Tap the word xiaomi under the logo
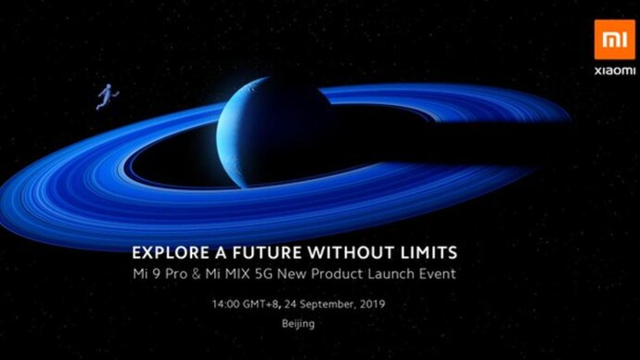(x=615, y=71)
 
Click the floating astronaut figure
(x=108, y=96)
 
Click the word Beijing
(x=299, y=324)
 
